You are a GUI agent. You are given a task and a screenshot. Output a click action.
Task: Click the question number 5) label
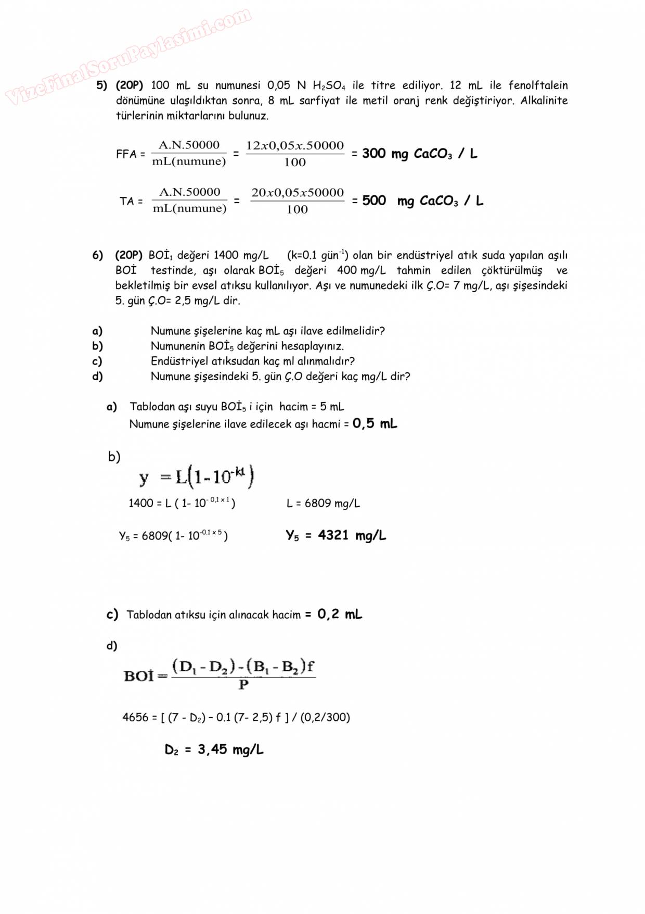(101, 85)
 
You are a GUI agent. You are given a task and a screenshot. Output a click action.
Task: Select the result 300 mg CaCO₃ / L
(419, 154)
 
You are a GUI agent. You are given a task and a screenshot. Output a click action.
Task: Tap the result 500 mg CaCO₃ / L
(422, 201)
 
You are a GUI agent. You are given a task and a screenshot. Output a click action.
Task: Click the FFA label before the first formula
(126, 154)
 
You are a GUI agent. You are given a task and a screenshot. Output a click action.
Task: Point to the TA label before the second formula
(127, 201)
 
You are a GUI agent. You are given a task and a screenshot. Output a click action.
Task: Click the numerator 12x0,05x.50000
(295, 145)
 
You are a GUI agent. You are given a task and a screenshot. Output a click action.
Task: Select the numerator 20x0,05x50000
(298, 192)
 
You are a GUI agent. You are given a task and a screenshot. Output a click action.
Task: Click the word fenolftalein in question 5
(538, 85)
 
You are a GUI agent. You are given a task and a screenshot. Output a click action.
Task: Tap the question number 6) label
(98, 255)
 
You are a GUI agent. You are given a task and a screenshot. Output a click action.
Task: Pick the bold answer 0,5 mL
(375, 423)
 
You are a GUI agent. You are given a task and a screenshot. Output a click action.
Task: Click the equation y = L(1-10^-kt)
(197, 477)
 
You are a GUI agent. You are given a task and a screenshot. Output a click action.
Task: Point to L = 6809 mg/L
(323, 503)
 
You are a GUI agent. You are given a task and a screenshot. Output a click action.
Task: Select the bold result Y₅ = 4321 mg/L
(336, 535)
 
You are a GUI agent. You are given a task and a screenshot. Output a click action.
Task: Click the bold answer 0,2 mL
(340, 614)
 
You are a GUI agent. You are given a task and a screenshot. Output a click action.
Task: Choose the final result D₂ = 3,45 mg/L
(214, 749)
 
